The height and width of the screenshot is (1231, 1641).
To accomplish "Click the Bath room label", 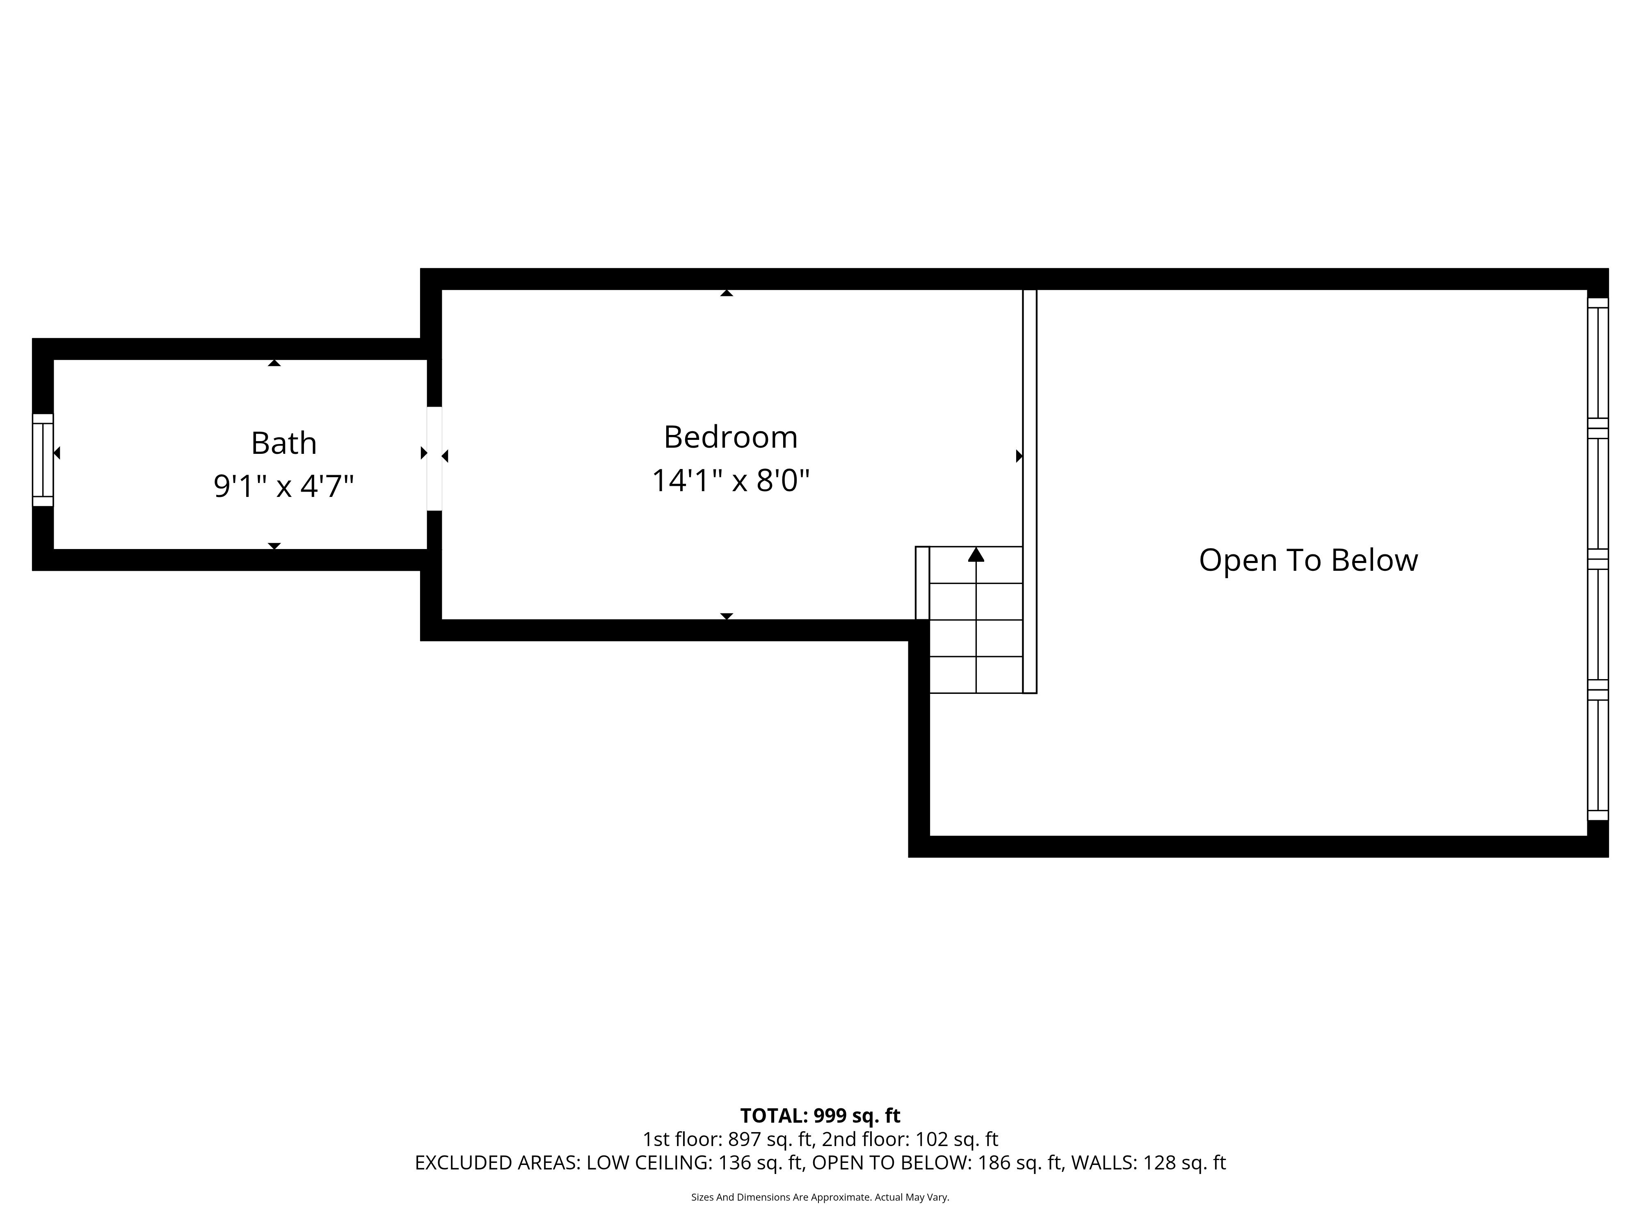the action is click(284, 444).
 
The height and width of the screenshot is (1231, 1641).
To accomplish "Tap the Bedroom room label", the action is click(731, 437).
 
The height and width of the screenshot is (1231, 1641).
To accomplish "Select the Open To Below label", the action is click(1309, 560).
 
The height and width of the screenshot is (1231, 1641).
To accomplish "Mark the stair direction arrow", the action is click(976, 554).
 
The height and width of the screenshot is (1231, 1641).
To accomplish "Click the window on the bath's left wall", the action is click(43, 460).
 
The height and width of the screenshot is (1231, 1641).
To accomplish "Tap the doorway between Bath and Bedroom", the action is click(435, 459).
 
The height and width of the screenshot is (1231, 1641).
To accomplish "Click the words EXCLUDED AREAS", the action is click(497, 1163).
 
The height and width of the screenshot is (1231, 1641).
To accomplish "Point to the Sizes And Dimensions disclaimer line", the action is click(820, 1197).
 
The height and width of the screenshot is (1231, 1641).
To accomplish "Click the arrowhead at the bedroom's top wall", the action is click(727, 293).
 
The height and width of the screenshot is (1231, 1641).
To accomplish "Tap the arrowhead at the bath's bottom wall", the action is click(274, 546).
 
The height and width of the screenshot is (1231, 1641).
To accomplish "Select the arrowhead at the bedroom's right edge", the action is click(1019, 456).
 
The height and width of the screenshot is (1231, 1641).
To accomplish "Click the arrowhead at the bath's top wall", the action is click(274, 363).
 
